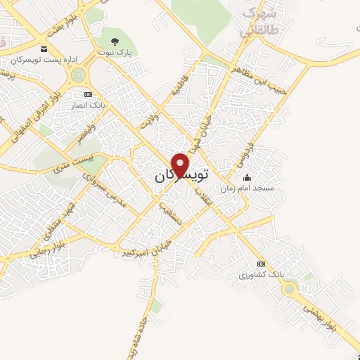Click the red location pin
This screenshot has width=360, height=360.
click(181, 164)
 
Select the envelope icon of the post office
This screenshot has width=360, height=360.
click(44, 49)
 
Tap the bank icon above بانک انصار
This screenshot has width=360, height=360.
click(87, 94)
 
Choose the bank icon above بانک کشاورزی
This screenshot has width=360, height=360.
click(262, 264)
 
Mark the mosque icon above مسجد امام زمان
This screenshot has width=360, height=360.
click(245, 178)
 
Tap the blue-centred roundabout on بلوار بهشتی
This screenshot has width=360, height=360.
click(289, 288)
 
